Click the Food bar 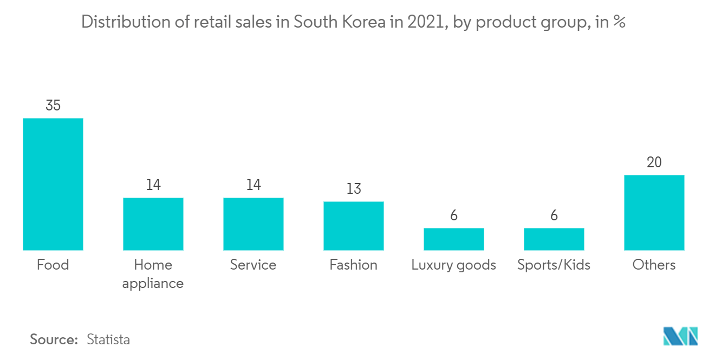point(53,184)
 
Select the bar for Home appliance point(153,224)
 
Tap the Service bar point(253,224)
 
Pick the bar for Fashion point(354,226)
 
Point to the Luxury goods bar point(453,239)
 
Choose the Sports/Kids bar point(554,239)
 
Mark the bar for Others point(654,212)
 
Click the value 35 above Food point(53,106)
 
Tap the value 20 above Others point(654,162)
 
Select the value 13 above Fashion point(354,189)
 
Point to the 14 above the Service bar point(253,185)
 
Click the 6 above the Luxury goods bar point(453,215)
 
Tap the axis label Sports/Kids point(554,265)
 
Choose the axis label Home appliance point(153,274)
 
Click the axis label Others point(654,265)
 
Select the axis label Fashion point(354,265)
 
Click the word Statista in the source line point(108,339)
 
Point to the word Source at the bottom point(54,339)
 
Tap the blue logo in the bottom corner point(681,336)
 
